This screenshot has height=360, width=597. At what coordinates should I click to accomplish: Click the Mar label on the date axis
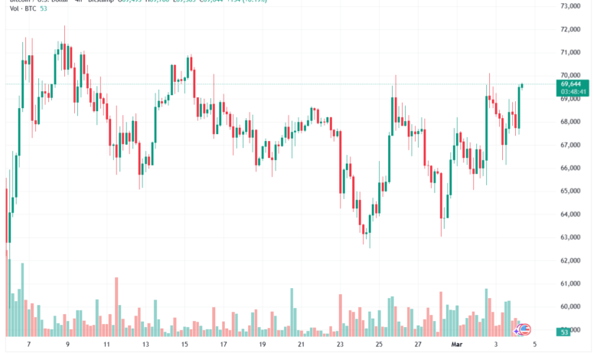(457, 345)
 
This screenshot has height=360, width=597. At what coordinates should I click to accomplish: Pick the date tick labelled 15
(184, 345)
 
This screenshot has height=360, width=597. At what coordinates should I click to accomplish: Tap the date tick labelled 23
(340, 345)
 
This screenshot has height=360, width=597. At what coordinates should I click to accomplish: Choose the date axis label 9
(68, 345)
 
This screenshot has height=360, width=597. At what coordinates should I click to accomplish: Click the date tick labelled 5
(534, 345)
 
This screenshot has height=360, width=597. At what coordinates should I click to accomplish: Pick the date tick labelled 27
(418, 345)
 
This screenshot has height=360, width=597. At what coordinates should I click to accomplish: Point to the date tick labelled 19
(262, 345)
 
